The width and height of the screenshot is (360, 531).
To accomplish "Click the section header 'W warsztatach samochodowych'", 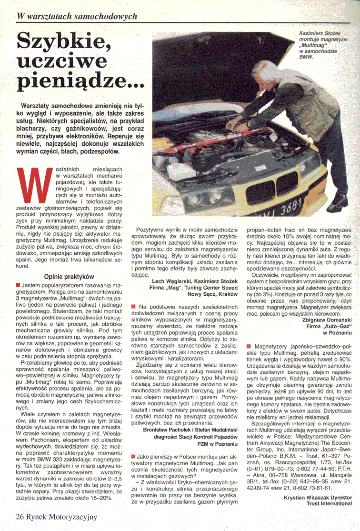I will coord(77,16).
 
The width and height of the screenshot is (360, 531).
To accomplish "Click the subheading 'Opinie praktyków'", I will coord(69,276).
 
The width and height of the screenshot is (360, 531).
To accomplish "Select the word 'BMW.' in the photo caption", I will coord(306,57).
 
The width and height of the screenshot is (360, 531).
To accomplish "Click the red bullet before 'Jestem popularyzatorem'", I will coord(18,285).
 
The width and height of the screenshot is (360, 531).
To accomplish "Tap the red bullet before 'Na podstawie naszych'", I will coord(134,306).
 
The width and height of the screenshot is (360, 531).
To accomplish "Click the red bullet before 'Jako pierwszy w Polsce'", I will coord(134,457).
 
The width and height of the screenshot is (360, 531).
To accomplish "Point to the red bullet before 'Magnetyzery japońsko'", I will coord(250,346).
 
